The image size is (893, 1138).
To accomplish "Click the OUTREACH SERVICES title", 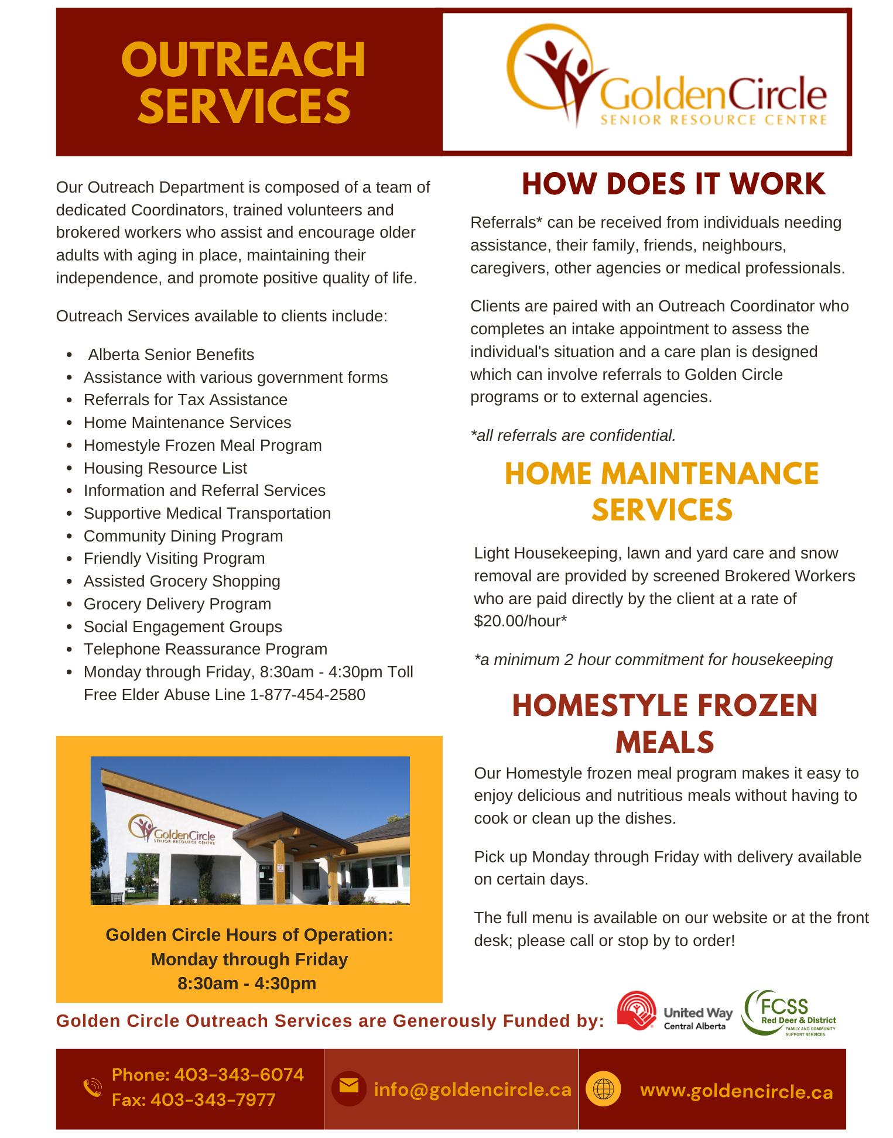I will [x=243, y=83].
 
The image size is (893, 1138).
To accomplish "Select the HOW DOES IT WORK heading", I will [x=673, y=184].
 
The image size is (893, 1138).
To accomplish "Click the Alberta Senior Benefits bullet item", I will [x=171, y=355].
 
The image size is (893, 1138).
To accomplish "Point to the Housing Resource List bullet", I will [x=165, y=468].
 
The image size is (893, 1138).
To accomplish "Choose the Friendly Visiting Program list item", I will [x=174, y=558].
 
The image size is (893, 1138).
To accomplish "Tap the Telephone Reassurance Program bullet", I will [x=205, y=649].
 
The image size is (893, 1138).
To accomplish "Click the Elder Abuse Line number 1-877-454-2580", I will [x=307, y=695].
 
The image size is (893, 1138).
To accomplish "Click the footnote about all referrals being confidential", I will [x=573, y=436].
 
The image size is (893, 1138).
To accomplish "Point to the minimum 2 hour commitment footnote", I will [x=653, y=660].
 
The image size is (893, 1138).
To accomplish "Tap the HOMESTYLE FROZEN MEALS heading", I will [x=665, y=723].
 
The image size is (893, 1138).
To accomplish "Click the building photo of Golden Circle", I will [x=250, y=831].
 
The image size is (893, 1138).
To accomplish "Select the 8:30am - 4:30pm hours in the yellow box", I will [x=247, y=983].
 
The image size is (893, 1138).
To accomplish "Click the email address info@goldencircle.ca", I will [x=472, y=1089].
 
